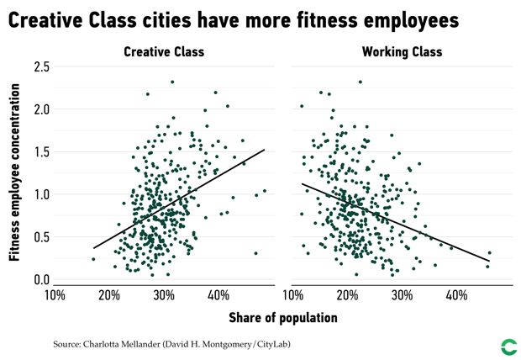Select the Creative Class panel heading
(x=164, y=52)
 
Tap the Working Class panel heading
(x=402, y=52)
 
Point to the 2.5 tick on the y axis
(x=39, y=66)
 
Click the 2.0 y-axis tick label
(x=39, y=109)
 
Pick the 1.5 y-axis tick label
(x=39, y=152)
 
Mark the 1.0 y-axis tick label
(x=39, y=195)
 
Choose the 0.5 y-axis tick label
(x=39, y=237)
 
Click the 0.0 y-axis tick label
(x=39, y=280)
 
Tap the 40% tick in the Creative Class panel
(x=218, y=295)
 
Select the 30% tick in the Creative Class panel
(x=164, y=295)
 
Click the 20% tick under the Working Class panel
(x=347, y=295)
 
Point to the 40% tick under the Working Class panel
(x=456, y=295)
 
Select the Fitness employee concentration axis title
(x=14, y=172)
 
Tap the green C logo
(x=508, y=345)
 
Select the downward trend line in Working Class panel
(x=395, y=223)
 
